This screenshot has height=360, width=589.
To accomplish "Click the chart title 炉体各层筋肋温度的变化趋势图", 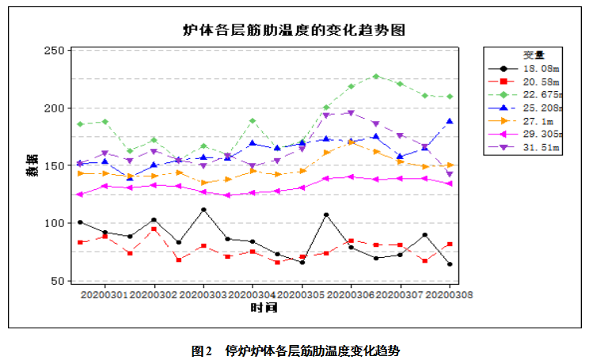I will (294, 30).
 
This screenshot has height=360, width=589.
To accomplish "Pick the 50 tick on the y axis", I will (55, 281).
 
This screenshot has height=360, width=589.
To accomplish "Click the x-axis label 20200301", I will (104, 294).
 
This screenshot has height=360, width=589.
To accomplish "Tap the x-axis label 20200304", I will (253, 294).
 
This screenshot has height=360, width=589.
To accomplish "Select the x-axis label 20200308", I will (449, 294).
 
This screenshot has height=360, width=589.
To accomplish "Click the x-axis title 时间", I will (263, 307).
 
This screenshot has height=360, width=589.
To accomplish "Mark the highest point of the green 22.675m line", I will (376, 76).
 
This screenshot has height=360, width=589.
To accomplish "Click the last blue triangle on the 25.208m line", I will (450, 121).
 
